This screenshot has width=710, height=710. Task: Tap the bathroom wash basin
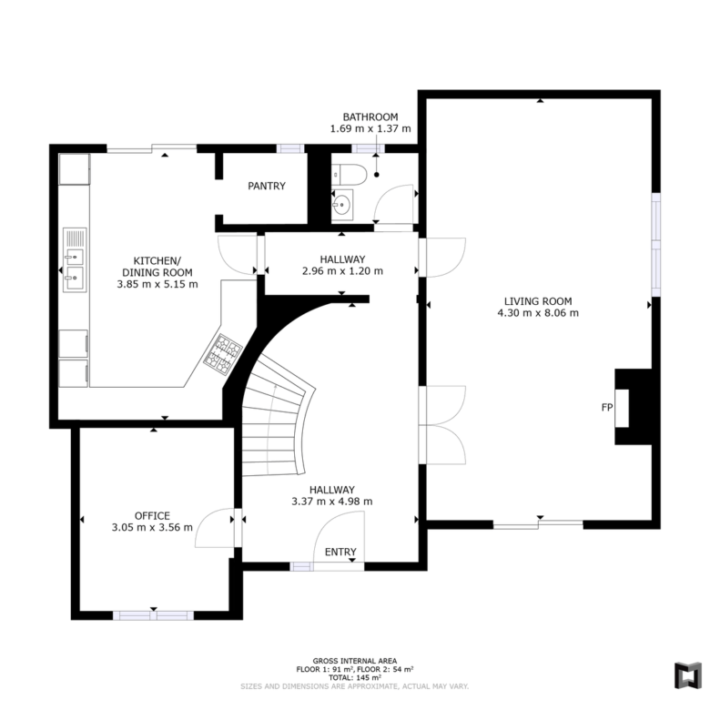click(342, 205)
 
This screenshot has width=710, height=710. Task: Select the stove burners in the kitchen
click(223, 355)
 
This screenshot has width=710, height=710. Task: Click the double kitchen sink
click(75, 260)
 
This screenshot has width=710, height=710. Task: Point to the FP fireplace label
click(607, 408)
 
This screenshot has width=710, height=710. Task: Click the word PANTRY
click(267, 186)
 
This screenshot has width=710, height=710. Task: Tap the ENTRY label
click(340, 552)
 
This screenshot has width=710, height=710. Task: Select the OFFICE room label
click(152, 516)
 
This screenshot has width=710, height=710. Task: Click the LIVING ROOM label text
click(538, 301)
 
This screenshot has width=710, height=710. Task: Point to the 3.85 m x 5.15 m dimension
click(157, 284)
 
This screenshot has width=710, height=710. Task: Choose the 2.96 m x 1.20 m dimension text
click(342, 271)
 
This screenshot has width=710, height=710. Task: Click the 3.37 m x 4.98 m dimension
click(332, 502)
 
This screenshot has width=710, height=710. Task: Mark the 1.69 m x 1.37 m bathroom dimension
click(370, 128)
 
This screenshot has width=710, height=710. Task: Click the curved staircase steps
click(277, 416)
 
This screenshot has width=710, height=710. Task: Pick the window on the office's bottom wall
click(154, 615)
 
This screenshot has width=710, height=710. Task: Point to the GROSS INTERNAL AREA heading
click(355, 661)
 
